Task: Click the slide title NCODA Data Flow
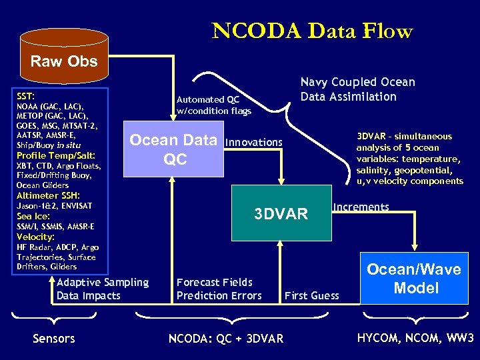click(x=312, y=31)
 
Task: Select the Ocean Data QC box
click(x=173, y=150)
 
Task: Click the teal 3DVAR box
click(x=281, y=213)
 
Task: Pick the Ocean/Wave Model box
click(x=413, y=279)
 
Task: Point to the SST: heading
click(x=26, y=97)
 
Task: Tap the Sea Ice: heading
click(x=33, y=216)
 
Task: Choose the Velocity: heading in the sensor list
click(x=35, y=237)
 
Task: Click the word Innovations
click(x=254, y=142)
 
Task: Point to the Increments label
click(x=361, y=207)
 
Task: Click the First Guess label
click(x=311, y=295)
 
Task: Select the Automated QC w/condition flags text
click(x=213, y=105)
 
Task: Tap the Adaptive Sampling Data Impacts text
click(x=102, y=289)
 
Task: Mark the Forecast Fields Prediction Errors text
click(x=219, y=289)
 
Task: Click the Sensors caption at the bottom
click(x=53, y=339)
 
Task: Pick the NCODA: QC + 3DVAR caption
click(x=225, y=339)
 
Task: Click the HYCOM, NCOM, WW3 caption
click(x=415, y=338)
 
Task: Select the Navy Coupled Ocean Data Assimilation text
click(x=357, y=89)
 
